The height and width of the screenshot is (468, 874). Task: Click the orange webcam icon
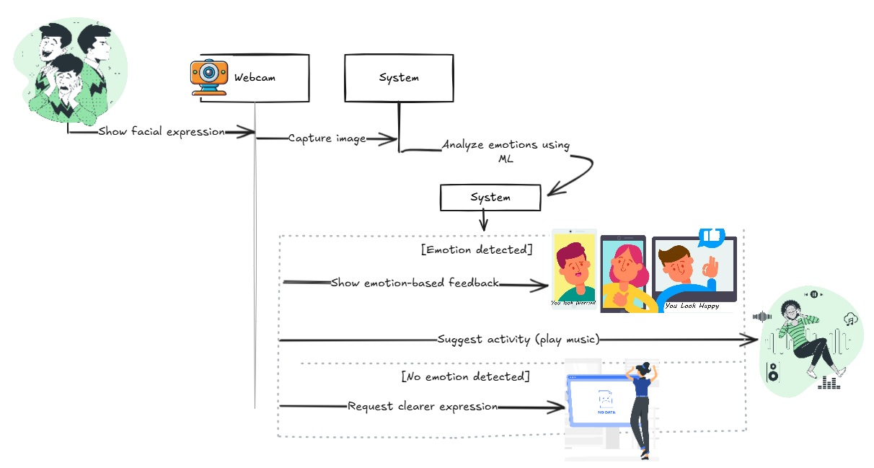[208, 77]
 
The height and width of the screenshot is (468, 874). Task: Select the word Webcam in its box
[254, 77]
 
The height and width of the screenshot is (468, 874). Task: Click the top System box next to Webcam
[399, 78]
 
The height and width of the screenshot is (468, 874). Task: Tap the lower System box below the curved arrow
[490, 198]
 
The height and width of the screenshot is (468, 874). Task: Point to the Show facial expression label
[162, 132]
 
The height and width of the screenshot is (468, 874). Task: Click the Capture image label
[327, 138]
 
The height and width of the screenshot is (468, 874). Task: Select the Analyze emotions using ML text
[506, 151]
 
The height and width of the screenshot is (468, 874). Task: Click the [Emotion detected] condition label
[477, 250]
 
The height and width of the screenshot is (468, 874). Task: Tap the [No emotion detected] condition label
[465, 376]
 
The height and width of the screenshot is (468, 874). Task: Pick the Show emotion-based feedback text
[415, 283]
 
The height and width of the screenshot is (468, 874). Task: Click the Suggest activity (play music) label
[518, 339]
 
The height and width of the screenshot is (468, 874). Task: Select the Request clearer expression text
[423, 406]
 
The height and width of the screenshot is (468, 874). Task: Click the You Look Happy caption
[691, 306]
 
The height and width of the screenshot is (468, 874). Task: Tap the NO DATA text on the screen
[606, 412]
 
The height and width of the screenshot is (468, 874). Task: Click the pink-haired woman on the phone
[623, 270]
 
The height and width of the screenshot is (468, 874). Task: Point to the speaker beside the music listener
[772, 372]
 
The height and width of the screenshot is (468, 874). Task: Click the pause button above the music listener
[813, 294]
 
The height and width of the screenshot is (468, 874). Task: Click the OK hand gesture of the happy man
[711, 271]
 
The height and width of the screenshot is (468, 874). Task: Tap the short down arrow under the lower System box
[483, 219]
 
